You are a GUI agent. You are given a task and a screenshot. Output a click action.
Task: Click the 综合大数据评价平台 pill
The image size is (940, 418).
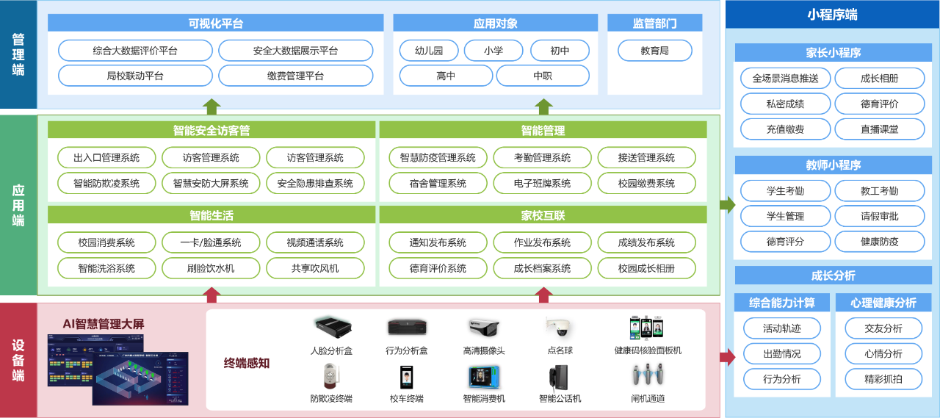pyautogui.click(x=135, y=51)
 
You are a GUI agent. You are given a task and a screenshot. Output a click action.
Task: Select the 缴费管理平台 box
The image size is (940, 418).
pyautogui.click(x=295, y=76)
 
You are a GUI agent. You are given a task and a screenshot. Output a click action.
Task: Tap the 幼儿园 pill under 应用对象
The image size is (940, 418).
pyautogui.click(x=429, y=51)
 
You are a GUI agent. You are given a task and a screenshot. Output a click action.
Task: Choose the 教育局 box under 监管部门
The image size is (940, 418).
pyautogui.click(x=654, y=51)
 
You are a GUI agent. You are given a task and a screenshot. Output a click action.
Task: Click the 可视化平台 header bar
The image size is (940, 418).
pyautogui.click(x=215, y=23)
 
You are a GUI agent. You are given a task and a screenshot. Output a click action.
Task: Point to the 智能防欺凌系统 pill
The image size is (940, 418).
pyautogui.click(x=106, y=183)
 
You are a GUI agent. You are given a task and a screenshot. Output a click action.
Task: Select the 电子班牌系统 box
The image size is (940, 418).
pyautogui.click(x=542, y=183)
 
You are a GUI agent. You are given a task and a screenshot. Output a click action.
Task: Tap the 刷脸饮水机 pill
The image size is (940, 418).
pyautogui.click(x=211, y=268)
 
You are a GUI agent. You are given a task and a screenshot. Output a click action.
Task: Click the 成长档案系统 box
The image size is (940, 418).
pyautogui.click(x=542, y=268)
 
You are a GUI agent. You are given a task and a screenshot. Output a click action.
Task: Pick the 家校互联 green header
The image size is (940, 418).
pyautogui.click(x=543, y=215)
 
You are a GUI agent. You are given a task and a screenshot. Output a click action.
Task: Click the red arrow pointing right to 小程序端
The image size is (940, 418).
pyautogui.click(x=727, y=358)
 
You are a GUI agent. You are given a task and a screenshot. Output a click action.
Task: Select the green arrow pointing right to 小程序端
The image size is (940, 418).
pyautogui.click(x=727, y=205)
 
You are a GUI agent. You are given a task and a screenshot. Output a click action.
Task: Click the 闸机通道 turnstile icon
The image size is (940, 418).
pyautogui.click(x=648, y=375)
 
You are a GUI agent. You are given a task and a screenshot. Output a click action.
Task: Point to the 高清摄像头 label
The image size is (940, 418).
pyautogui.click(x=484, y=350)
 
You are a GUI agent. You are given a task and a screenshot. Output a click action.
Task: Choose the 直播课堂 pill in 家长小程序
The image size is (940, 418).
pyautogui.click(x=879, y=129)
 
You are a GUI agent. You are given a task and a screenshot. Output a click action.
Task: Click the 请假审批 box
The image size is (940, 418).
pyautogui.click(x=879, y=216)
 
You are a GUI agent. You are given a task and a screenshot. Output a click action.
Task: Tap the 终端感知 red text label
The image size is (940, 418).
pyautogui.click(x=247, y=363)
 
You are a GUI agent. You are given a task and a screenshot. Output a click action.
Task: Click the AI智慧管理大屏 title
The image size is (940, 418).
pyautogui.click(x=104, y=323)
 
